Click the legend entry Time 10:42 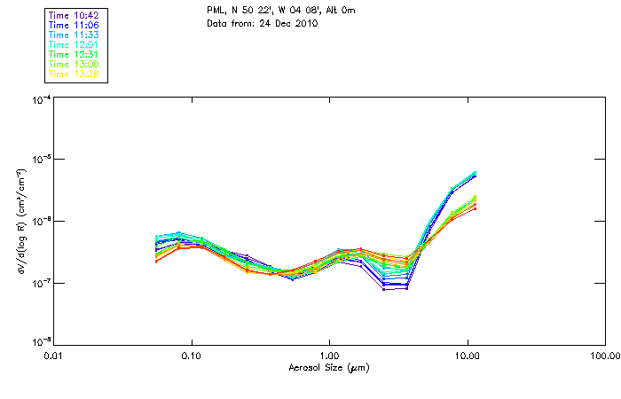tap(75, 16)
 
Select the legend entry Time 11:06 tap(75, 26)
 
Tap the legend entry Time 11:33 tap(75, 35)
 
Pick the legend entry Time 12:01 tap(75, 45)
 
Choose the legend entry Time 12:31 tap(75, 55)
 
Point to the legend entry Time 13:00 tap(75, 65)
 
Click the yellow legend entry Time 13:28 tap(75, 74)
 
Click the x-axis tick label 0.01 tap(54, 356)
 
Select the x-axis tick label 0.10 tap(192, 356)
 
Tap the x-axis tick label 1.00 tap(329, 356)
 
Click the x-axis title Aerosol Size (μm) tap(329, 367)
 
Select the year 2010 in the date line tap(304, 23)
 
